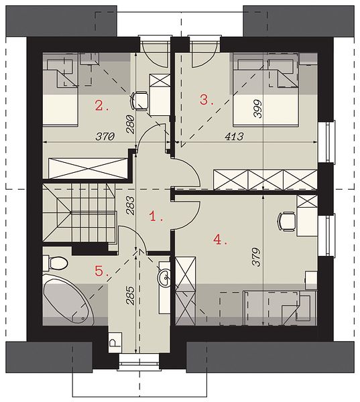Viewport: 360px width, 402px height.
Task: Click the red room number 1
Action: tap(156, 216)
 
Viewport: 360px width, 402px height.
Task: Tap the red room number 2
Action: tap(102, 106)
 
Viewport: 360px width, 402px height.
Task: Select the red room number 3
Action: tap(206, 99)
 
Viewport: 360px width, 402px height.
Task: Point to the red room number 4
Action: tap(220, 240)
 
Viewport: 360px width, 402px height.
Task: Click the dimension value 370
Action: tap(105, 137)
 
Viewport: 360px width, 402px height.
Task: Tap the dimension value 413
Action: tap(234, 137)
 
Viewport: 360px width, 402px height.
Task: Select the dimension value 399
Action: tap(257, 108)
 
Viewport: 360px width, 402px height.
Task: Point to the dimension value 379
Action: tap(257, 257)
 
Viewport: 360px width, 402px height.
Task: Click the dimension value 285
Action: tap(130, 295)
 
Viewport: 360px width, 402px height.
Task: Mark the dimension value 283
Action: tap(130, 205)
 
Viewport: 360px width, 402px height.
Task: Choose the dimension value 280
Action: tap(130, 125)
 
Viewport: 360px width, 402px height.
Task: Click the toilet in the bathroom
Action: tap(55, 263)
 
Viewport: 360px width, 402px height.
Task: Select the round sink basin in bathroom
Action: tap(164, 277)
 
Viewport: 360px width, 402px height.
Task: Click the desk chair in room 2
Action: tap(139, 101)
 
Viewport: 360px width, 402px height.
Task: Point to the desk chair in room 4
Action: tap(287, 222)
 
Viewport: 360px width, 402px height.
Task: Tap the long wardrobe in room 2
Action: tap(88, 168)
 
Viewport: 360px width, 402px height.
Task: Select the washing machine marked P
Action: tap(115, 342)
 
